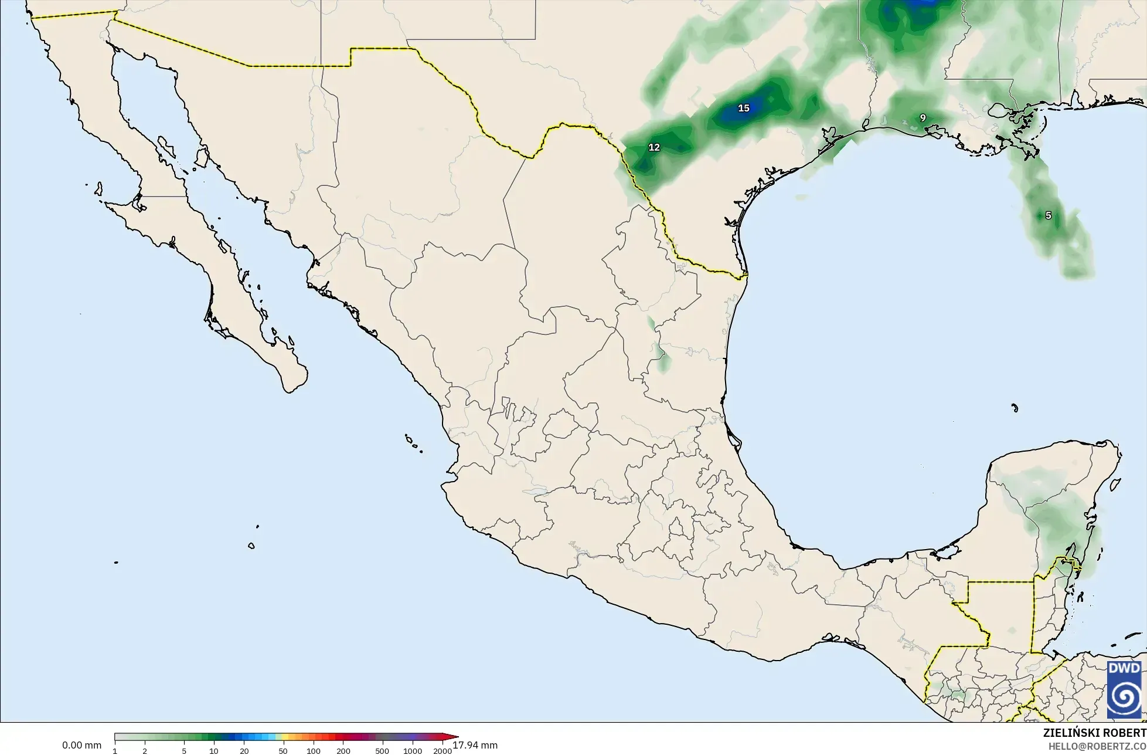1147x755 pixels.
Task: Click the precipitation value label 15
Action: point(744,108)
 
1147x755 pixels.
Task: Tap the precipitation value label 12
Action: point(654,147)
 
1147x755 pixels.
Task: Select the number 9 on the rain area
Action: point(923,118)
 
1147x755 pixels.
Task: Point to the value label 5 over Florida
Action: point(1049,215)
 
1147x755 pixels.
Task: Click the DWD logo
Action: point(1124,689)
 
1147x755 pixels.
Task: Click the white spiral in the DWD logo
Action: point(1124,698)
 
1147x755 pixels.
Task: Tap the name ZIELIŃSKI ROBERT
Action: point(1094,733)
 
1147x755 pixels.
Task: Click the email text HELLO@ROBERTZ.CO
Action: point(1097,746)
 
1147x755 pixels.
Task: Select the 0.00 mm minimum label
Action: point(81,746)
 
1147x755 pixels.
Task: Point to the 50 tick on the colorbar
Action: point(283,751)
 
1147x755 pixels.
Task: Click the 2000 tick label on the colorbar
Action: point(443,751)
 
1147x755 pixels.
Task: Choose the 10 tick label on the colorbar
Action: point(214,751)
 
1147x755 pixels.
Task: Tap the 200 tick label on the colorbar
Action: point(343,751)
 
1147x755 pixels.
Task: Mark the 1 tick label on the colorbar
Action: point(115,751)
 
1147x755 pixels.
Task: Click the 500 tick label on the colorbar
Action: point(382,751)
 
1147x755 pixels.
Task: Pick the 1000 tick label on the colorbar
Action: point(413,751)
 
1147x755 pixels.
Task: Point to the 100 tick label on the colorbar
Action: point(314,751)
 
